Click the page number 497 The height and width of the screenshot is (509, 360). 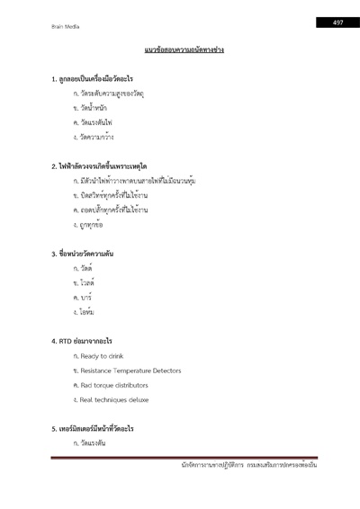(337, 22)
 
